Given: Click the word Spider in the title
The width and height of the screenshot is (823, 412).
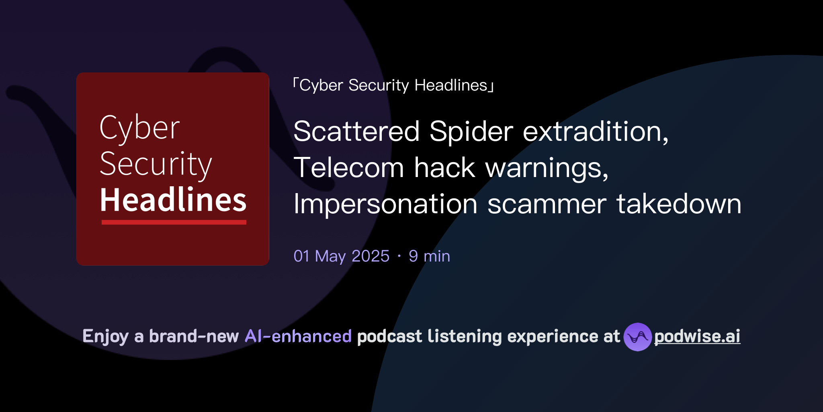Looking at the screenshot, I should point(471,132).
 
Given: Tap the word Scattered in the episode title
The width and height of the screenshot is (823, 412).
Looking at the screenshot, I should point(356,132).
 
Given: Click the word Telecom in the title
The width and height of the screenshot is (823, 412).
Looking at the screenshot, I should point(348,168).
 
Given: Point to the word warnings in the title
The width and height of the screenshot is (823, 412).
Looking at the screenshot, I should point(547,168).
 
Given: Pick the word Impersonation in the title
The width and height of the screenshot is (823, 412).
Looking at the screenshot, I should point(385,204).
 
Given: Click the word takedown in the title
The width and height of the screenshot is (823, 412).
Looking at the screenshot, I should point(679,204).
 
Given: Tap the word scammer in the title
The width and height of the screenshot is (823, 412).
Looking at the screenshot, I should point(547,204).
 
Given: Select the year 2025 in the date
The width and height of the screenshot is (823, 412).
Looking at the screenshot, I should point(370,256).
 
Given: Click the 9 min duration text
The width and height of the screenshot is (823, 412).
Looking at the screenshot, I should point(429,256).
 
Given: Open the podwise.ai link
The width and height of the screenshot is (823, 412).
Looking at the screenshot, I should point(697,336).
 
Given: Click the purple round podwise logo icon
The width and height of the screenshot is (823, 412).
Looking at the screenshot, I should point(637,337).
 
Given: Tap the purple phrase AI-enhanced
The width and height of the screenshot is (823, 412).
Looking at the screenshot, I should point(298,336).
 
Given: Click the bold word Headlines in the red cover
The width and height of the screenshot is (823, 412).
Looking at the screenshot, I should point(173,200).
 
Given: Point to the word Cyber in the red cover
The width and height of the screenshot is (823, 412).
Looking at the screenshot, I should point(139,128).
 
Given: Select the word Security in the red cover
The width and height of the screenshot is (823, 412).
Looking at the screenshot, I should point(156,164).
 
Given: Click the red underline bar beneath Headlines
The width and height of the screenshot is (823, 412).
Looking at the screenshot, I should point(174,222).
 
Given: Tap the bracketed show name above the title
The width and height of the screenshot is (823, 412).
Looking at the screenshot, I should point(393,85).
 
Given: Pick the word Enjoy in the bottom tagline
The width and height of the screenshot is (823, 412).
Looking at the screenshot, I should point(105,336).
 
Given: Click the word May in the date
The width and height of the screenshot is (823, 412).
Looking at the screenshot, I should point(330,256).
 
